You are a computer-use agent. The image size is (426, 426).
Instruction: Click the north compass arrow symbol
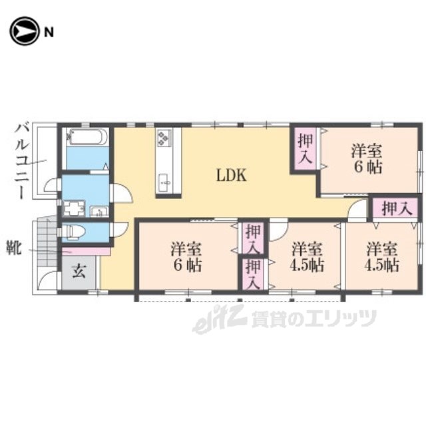(x=23, y=31)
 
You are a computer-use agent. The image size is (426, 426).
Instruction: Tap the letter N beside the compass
(x=49, y=33)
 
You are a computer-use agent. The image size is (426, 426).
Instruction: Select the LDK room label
(x=232, y=175)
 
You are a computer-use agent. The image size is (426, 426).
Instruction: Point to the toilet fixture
(x=73, y=233)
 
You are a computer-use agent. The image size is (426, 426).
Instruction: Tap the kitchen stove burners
(x=164, y=137)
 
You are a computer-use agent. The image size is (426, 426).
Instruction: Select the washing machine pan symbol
(x=74, y=208)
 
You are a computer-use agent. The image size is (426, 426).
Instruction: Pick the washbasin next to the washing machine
(x=99, y=212)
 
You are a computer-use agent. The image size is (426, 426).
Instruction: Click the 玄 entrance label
(x=79, y=272)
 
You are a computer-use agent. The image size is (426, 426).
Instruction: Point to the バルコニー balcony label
(x=21, y=161)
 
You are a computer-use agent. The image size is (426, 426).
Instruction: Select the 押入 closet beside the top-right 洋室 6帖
(x=306, y=148)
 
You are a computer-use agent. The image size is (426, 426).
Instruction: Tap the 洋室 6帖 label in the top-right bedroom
(x=367, y=159)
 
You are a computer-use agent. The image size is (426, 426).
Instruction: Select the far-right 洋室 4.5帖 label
(x=381, y=257)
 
